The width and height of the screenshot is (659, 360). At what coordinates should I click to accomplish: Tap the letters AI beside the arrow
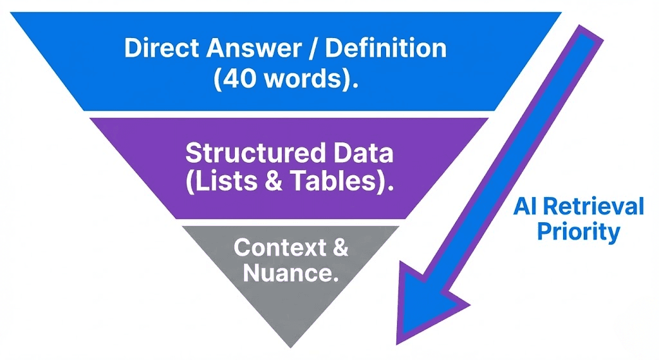525,207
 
